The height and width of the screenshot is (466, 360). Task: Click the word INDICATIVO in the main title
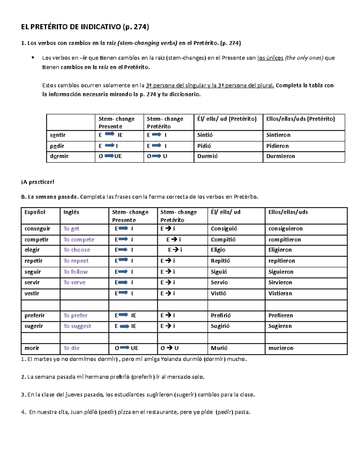pos(100,27)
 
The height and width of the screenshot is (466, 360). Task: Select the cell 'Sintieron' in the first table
pos(278,135)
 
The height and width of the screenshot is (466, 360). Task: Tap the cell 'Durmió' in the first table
pos(207,156)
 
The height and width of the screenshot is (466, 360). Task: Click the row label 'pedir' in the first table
pos(57,146)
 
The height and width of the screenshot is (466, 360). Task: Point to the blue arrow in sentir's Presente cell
pos(109,134)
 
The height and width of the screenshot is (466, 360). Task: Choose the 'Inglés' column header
pos(71,212)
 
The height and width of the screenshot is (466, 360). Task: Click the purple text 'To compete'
pos(79,240)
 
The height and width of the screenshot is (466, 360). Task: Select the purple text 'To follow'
pos(75,272)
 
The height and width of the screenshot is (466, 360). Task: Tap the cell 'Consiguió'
pos(224,229)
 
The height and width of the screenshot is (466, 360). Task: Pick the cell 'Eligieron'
pos(280,250)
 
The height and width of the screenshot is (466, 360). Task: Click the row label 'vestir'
pos(32,293)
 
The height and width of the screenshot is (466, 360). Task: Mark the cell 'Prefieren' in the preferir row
pos(280,316)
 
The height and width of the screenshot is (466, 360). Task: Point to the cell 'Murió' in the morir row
pos(219,348)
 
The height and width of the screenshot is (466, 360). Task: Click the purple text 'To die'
pos(71,348)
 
